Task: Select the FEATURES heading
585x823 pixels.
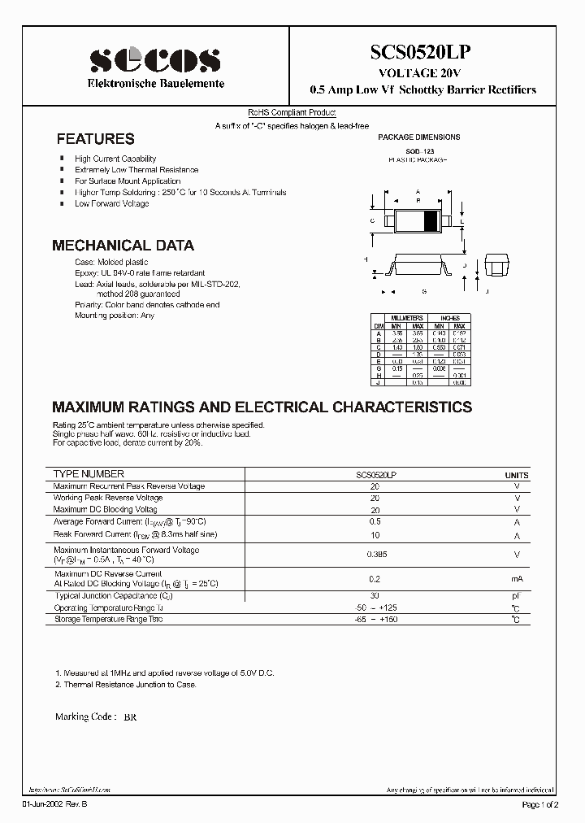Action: click(95, 139)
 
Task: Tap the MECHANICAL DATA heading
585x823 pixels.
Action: click(123, 245)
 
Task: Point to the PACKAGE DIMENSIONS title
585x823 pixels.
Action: click(419, 137)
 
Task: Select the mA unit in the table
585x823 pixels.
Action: click(517, 578)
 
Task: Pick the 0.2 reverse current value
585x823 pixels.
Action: click(375, 578)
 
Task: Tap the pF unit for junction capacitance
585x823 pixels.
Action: click(517, 596)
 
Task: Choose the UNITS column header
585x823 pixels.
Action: click(517, 475)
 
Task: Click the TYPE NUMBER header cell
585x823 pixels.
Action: click(89, 473)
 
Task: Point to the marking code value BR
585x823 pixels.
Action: click(130, 719)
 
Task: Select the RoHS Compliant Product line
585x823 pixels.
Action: click(292, 113)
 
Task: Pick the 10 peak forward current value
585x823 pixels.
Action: click(375, 535)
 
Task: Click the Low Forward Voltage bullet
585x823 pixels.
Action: click(112, 203)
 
